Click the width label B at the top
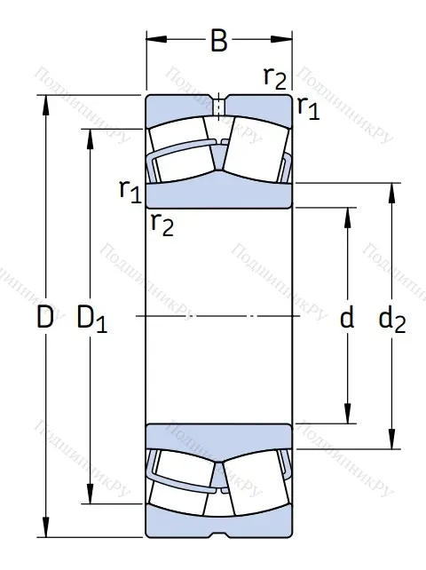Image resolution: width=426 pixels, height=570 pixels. click(217, 42)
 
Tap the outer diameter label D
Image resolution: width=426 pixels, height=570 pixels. click(45, 318)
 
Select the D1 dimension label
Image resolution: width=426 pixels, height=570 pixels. click(92, 318)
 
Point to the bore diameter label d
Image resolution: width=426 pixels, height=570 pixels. click(347, 318)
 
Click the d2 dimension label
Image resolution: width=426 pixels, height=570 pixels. click(391, 319)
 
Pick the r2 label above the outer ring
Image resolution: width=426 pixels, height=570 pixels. click(275, 78)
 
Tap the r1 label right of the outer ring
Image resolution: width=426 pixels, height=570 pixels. click(308, 108)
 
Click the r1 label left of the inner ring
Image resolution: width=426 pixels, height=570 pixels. click(130, 189)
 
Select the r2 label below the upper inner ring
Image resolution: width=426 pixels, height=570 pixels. click(162, 224)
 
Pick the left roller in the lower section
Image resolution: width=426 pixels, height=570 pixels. click(182, 485)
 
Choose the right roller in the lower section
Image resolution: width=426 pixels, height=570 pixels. click(255, 485)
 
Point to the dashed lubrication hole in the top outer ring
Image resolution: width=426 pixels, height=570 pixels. click(218, 106)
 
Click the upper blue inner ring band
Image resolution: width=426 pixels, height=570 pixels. click(218, 194)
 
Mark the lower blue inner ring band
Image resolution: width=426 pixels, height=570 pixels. click(218, 436)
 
